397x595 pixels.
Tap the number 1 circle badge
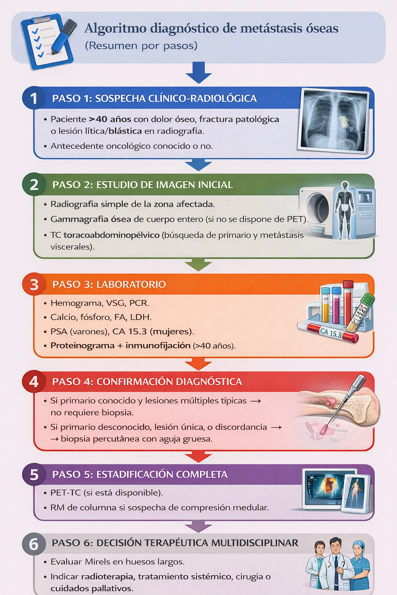click(34, 98)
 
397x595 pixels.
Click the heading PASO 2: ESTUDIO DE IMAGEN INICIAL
click(142, 185)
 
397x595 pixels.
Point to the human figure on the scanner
click(344, 209)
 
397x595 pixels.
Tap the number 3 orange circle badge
click(34, 284)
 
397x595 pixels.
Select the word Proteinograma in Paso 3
click(82, 346)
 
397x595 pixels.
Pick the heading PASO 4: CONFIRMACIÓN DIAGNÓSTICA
click(147, 382)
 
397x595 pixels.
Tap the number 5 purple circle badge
click(34, 475)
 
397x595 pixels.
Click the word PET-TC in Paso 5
click(66, 493)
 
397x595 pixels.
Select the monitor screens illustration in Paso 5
click(335, 490)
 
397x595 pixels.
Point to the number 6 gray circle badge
click(34, 544)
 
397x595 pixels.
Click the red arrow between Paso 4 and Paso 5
click(198, 457)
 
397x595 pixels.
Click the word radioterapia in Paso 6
click(107, 577)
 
